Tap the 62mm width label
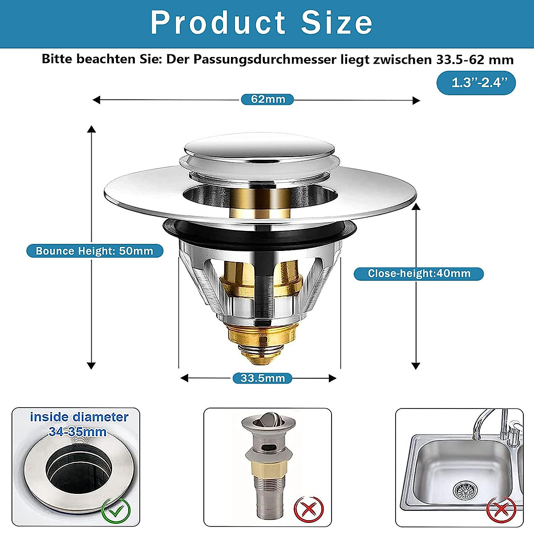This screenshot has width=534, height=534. (x=267, y=99)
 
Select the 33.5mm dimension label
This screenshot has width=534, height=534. (x=263, y=378)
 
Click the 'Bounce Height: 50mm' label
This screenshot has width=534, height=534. (x=94, y=251)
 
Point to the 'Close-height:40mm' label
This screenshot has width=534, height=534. (x=419, y=274)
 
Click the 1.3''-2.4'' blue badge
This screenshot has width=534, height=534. (x=476, y=83)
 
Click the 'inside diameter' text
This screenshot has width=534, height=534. (x=79, y=417)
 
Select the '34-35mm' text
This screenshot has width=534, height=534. (x=77, y=432)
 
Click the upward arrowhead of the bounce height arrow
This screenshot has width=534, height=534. (x=91, y=129)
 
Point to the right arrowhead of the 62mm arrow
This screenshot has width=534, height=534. (x=417, y=100)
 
